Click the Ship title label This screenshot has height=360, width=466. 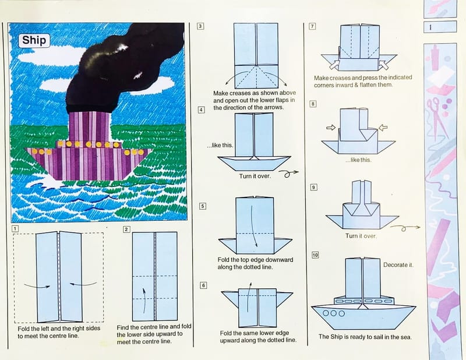[34, 40]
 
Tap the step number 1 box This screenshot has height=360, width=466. [15, 228]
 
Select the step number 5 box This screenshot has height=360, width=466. [203, 206]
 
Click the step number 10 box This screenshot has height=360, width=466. [315, 255]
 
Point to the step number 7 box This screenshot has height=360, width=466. [312, 26]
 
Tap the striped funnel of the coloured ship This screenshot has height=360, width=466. [90, 126]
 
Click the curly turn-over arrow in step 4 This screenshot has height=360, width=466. [288, 174]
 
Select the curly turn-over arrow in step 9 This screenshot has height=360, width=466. [405, 228]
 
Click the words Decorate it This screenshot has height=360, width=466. [398, 265]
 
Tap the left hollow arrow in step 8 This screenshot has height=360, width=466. [331, 128]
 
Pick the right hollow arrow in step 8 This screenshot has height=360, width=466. [383, 128]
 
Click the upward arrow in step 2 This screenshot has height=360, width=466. [144, 300]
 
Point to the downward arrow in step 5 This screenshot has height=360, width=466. [255, 226]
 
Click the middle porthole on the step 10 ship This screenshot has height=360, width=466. [333, 313]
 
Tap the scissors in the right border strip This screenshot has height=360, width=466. [437, 118]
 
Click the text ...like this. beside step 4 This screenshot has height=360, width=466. [220, 146]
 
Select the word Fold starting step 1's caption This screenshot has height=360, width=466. [24, 329]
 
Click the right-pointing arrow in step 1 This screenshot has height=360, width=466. [37, 286]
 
